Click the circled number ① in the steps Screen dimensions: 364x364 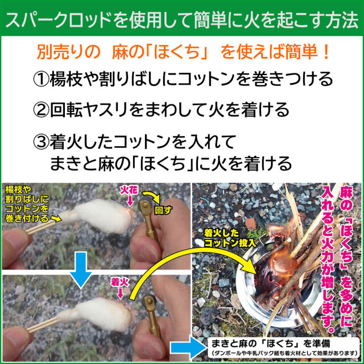coord(41,80)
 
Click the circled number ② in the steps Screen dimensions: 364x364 coord(41,110)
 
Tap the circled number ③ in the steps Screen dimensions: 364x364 coord(41,142)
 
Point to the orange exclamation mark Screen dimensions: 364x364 coord(326,52)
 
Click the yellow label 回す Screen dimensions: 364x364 coord(163,210)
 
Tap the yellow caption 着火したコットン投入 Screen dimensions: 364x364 coord(230,238)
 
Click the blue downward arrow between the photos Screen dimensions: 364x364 coord(81,270)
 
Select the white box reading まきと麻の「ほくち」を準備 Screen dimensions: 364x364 coord(284,348)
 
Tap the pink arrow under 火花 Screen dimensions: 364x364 coord(130,200)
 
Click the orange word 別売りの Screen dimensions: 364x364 coord(68,52)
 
